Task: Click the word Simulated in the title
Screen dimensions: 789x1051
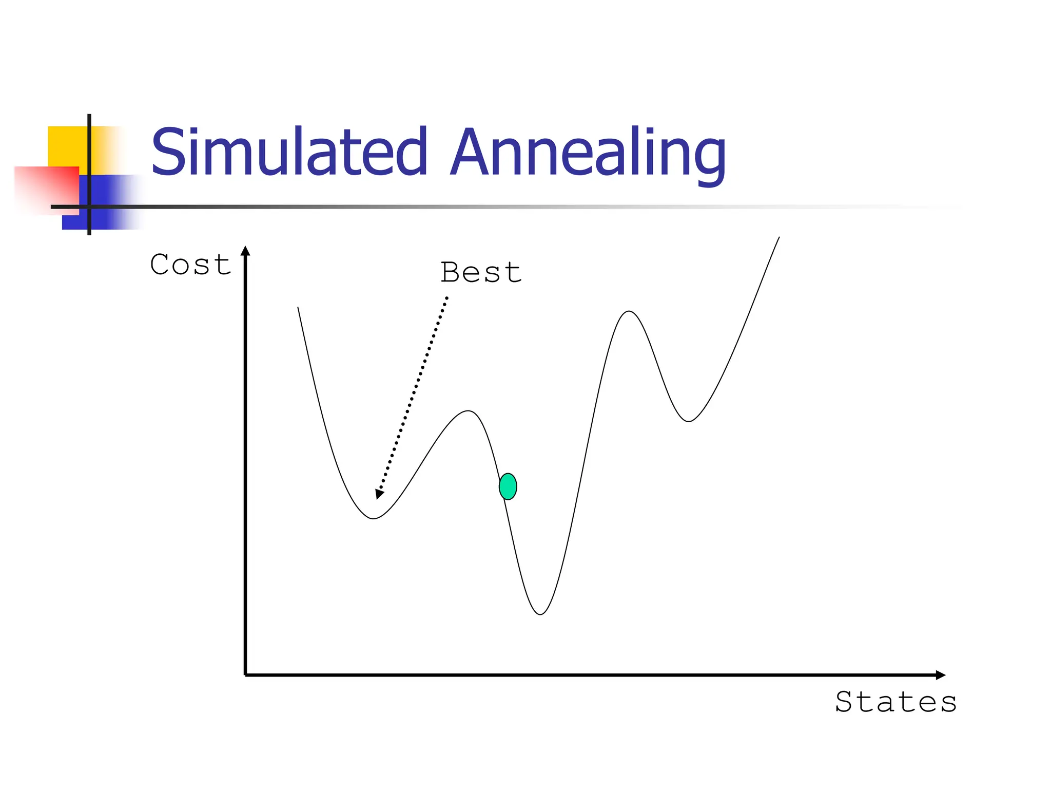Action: coord(289,153)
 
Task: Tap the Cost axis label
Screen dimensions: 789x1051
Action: coord(190,265)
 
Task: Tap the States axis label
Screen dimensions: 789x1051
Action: coord(896,702)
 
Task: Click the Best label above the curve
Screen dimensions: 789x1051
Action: coord(481,272)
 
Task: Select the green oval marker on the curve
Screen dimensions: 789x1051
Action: coord(508,486)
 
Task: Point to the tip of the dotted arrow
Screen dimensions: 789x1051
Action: coord(378,496)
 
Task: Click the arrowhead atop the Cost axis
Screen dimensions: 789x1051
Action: coord(245,251)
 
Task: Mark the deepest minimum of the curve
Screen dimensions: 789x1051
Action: coord(540,614)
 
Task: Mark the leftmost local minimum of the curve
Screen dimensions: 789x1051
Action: coord(374,518)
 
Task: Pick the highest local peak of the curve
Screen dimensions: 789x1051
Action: coord(629,311)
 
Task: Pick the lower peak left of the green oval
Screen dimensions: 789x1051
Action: coord(468,411)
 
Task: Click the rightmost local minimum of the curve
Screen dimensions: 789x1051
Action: coord(689,421)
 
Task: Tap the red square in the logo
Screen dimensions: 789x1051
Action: coord(46,189)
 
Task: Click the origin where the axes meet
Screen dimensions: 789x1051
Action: coord(246,675)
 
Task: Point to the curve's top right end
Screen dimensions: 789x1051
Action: coord(778,238)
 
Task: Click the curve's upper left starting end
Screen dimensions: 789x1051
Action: coord(298,308)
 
